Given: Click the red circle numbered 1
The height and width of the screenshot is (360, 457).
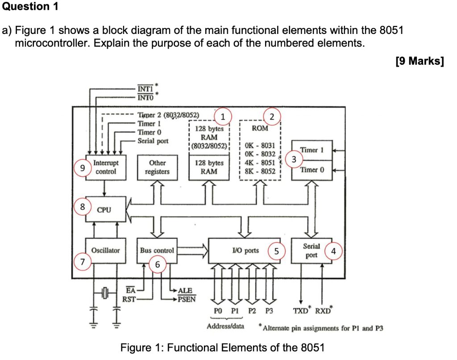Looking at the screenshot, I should pos(223,117).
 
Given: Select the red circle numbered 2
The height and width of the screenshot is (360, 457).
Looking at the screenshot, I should pos(272,117).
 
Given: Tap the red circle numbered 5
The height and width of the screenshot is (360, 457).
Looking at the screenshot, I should pos(276,251).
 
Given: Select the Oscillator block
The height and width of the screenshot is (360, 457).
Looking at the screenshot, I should pos(105,251).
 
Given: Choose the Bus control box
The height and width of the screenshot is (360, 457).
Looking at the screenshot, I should pos(157,251).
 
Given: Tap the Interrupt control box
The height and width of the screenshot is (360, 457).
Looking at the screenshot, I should pos(106,167).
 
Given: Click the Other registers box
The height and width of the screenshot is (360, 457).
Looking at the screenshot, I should pos(157,167).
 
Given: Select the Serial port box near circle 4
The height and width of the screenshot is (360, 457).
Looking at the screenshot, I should pos(312,251).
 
